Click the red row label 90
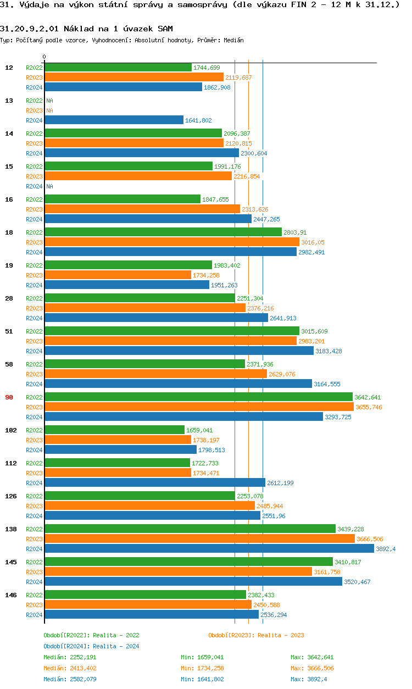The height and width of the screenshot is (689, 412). click(9, 397)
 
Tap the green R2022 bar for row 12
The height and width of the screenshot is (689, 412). click(118, 68)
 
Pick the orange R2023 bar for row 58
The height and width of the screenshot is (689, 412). click(155, 374)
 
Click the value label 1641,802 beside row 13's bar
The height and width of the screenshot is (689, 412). click(198, 120)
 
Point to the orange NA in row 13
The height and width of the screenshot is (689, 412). click(49, 110)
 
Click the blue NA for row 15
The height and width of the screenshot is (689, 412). click(49, 186)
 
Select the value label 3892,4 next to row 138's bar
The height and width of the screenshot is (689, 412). click(386, 549)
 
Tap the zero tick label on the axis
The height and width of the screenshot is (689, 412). click(44, 57)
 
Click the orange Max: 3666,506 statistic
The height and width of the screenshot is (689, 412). click(312, 668)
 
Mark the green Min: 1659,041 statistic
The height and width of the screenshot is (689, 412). click(202, 657)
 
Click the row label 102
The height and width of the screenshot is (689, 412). click(10, 430)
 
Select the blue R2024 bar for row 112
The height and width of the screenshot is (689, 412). click(154, 483)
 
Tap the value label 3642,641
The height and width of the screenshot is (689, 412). click(368, 397)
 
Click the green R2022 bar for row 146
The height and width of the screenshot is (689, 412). click(145, 595)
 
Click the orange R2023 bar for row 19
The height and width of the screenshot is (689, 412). click(118, 275)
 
